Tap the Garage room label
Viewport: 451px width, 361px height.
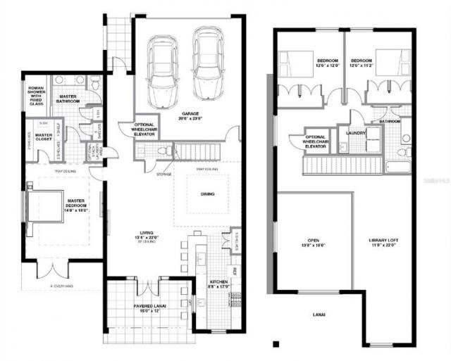click(x=191, y=115)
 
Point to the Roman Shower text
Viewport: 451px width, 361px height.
click(x=35, y=93)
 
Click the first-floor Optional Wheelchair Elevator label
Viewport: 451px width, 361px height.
click(x=144, y=129)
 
